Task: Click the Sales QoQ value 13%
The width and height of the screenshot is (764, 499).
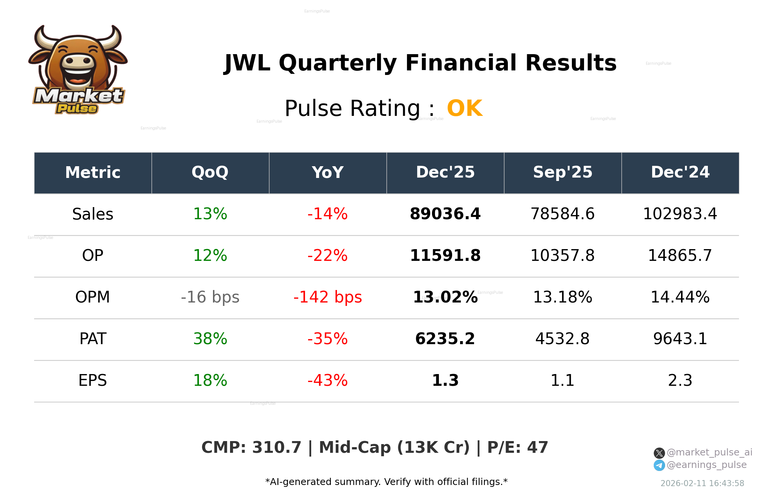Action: click(x=210, y=214)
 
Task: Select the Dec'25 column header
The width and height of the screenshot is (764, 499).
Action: click(x=445, y=172)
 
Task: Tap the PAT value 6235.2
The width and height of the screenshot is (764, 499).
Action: click(x=445, y=339)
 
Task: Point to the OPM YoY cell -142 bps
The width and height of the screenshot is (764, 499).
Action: click(x=327, y=297)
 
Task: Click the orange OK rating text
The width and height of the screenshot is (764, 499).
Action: click(x=465, y=108)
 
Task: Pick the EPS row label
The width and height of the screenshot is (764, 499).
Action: click(x=92, y=380)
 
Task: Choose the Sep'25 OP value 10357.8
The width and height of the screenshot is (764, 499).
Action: click(x=562, y=256)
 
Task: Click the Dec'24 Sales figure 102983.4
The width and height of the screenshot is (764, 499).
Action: click(x=680, y=214)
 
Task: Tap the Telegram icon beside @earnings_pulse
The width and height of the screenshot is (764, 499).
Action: click(x=659, y=465)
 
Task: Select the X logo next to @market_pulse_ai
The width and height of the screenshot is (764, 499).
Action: click(x=659, y=453)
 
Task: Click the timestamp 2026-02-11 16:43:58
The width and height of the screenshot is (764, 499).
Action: click(x=702, y=483)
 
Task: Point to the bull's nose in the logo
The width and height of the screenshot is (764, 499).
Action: click(x=78, y=61)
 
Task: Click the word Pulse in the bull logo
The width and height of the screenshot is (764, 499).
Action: click(x=77, y=109)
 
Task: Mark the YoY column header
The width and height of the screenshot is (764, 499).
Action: click(x=327, y=172)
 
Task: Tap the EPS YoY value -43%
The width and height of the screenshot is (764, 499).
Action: click(x=327, y=380)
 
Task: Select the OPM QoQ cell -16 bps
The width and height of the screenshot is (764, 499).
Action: click(x=210, y=297)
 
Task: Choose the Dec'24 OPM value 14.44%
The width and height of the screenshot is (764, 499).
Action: click(x=680, y=297)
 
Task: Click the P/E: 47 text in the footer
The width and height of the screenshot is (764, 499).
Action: click(x=518, y=448)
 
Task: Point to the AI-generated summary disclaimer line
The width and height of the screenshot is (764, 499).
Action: click(x=386, y=482)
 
